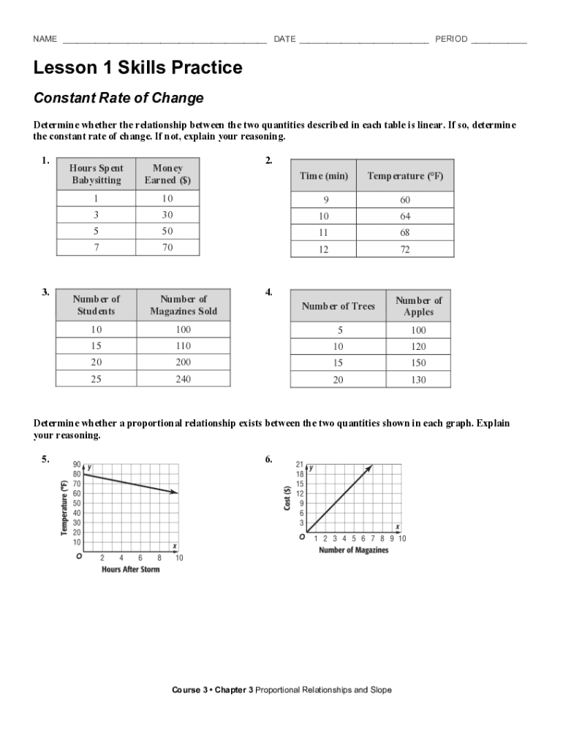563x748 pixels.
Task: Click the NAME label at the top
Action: point(45,39)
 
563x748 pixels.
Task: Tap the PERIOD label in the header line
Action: point(451,39)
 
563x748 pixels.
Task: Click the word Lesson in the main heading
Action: point(64,69)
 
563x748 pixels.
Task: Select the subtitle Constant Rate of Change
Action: point(118,98)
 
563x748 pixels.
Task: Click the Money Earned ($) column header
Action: point(167,174)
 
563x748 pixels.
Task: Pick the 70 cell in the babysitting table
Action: point(167,248)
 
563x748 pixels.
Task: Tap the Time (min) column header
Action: point(323,176)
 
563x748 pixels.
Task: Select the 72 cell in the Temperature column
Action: point(405,250)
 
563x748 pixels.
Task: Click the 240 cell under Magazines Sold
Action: point(183,379)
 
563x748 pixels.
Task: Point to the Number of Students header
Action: point(96,305)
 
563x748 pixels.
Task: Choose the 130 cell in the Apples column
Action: point(418,380)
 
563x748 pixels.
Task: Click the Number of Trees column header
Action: point(338,306)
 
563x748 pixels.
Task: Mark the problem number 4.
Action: point(269,292)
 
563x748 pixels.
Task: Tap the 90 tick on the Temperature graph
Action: point(77,465)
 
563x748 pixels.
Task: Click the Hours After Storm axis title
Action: point(130,570)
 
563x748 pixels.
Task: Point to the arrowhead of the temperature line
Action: point(175,494)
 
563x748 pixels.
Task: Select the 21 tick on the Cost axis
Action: point(300,465)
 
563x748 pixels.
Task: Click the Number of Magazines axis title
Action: point(353,550)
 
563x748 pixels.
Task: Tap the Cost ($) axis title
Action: point(287,499)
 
